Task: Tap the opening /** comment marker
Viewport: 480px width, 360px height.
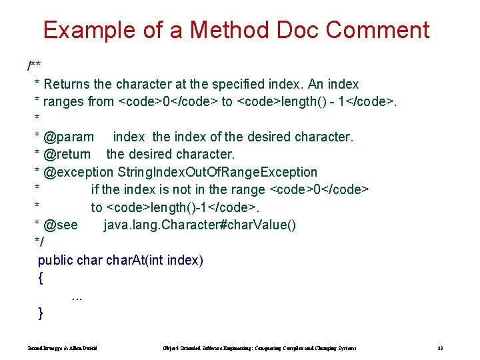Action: (x=34, y=66)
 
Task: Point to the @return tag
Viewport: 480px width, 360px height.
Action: (x=67, y=155)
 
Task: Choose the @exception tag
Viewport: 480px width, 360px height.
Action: (x=79, y=172)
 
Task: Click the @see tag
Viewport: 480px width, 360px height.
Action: (x=61, y=225)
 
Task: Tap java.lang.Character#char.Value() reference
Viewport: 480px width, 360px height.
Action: (x=199, y=225)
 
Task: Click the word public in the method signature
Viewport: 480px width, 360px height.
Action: (x=55, y=260)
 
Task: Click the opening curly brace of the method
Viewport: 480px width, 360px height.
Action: (x=41, y=277)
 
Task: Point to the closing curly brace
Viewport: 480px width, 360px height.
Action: (x=41, y=312)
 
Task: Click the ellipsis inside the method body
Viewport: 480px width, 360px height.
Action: (x=77, y=295)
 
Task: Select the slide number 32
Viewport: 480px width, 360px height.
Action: (x=440, y=348)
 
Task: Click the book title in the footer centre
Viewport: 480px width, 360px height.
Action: (x=259, y=348)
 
